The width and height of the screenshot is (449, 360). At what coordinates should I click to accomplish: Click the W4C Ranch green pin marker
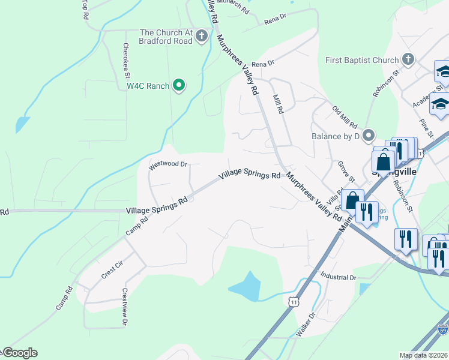[x=178, y=86]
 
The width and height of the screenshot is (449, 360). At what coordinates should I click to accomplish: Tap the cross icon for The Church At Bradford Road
[x=202, y=36]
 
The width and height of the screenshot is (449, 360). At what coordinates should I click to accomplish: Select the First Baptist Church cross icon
[x=408, y=59]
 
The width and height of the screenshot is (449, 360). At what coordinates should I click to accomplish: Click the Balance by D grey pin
[x=369, y=136]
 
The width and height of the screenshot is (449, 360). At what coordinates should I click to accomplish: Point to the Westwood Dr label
[x=168, y=164]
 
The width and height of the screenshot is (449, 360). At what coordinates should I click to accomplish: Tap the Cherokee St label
[x=126, y=61]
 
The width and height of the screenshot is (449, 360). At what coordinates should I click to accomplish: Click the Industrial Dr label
[x=339, y=278]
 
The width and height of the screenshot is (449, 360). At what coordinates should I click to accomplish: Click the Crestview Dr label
[x=125, y=307]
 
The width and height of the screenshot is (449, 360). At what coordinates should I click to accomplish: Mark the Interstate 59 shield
[x=442, y=330]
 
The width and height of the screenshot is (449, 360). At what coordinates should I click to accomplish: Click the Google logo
[x=19, y=353]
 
